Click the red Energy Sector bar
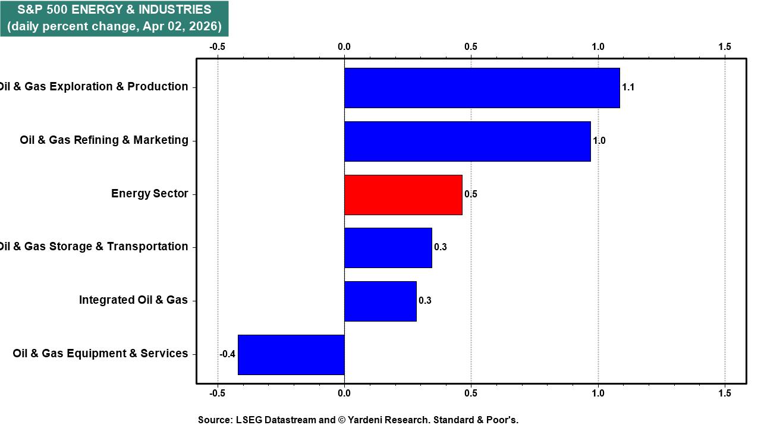403,195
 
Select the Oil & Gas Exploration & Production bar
482,88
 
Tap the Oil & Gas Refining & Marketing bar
467,141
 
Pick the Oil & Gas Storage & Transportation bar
388,248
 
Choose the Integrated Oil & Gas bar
380,301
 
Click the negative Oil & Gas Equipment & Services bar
291,355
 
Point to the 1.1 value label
628,87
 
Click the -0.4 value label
227,354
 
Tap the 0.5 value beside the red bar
471,194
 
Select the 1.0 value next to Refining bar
599,141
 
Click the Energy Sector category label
149,194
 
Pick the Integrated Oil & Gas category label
133,300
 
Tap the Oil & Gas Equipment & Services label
100,354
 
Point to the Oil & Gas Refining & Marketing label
104,140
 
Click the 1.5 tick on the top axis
725,47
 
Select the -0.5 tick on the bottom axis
217,394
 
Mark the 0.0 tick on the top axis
344,47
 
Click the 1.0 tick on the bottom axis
598,394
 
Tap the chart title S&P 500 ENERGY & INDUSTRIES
114,10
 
